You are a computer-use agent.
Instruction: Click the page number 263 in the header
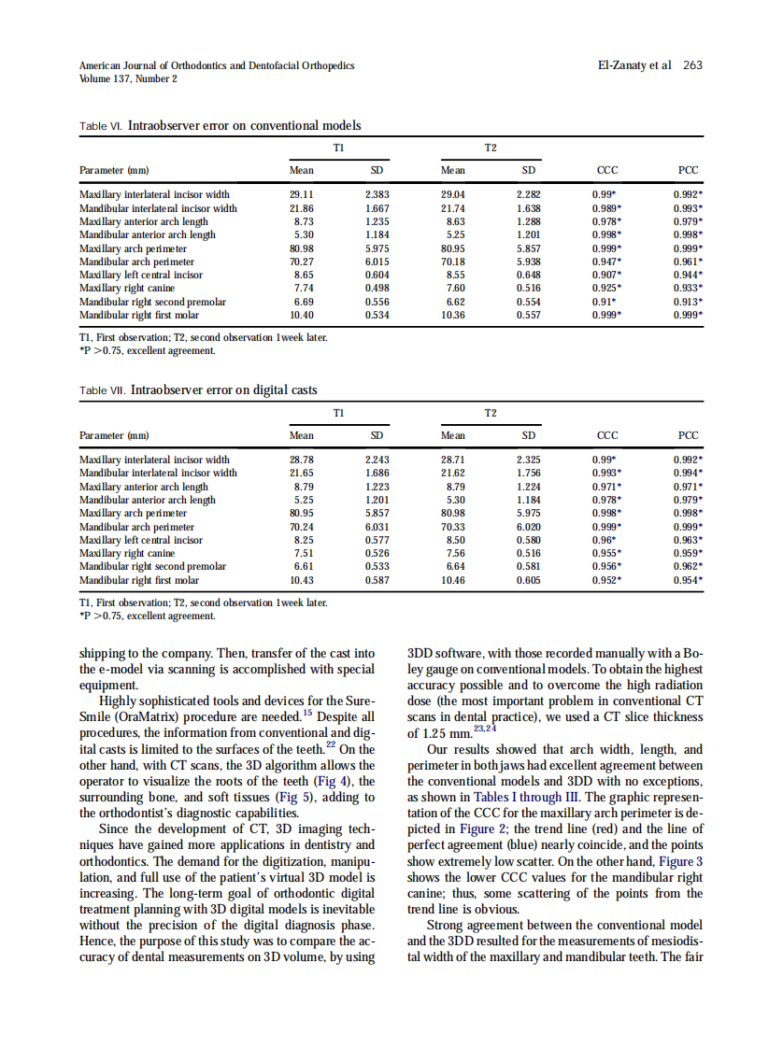tap(693, 65)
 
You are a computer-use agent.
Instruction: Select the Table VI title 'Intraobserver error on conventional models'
tap(244, 125)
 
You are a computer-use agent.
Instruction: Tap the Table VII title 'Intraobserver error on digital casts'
tap(224, 389)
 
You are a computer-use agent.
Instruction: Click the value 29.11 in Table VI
tap(301, 195)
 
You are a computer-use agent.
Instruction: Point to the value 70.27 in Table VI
tap(301, 262)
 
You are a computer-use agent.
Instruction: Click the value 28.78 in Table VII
tap(301, 460)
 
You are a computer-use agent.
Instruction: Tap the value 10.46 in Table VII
tap(453, 580)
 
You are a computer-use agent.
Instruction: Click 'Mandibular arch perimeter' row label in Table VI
tap(137, 262)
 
